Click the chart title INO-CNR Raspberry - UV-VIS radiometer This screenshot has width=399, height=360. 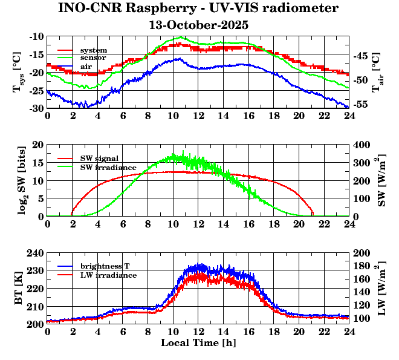(x=198, y=8)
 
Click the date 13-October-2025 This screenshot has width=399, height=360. (x=198, y=25)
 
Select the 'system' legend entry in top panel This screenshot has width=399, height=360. (x=94, y=50)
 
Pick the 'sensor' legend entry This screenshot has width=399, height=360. (x=93, y=57)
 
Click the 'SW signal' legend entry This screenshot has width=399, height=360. (x=99, y=158)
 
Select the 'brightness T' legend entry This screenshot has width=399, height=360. (x=106, y=266)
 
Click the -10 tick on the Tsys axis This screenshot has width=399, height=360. (x=36, y=37)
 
